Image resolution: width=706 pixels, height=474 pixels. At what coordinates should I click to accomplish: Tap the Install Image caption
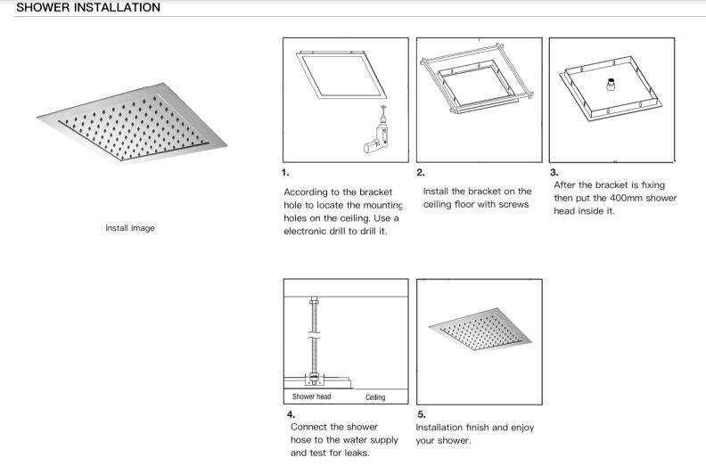(x=129, y=228)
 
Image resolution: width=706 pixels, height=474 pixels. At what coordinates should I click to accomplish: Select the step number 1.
(x=285, y=172)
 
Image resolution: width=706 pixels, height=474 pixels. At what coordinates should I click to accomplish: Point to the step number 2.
(x=420, y=172)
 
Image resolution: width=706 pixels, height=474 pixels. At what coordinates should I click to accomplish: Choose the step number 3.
(x=554, y=173)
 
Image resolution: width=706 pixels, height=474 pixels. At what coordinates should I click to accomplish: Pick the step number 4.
(x=291, y=414)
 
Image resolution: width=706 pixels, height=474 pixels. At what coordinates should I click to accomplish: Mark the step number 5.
(x=421, y=414)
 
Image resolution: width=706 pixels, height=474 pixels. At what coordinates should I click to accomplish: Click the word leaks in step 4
(x=359, y=453)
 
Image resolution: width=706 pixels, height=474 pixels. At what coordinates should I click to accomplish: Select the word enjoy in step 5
(x=520, y=428)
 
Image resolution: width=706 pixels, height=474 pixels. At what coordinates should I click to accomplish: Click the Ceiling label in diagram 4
(x=375, y=396)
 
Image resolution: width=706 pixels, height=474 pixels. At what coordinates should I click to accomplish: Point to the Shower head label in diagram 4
(x=311, y=396)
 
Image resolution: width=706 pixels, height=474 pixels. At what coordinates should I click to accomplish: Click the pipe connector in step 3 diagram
(x=612, y=86)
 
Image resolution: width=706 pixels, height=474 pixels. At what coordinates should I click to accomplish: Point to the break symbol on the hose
(x=311, y=339)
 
